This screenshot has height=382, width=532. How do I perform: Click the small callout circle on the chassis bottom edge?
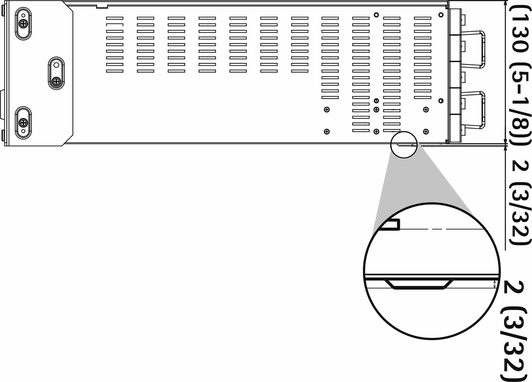(404, 145)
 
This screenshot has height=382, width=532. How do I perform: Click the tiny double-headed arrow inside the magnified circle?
(495, 284)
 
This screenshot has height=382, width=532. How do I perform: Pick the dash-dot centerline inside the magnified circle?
(442, 230)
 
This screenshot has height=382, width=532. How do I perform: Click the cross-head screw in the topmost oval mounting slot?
(23, 24)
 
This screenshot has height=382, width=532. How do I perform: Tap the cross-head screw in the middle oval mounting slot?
(56, 81)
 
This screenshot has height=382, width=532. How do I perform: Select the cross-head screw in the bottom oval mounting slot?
(23, 123)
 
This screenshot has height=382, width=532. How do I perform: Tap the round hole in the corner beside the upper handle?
(441, 15)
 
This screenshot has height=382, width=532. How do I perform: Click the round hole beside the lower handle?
(441, 101)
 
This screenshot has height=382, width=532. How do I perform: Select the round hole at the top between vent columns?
(376, 15)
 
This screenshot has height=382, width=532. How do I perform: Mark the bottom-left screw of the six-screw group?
(326, 132)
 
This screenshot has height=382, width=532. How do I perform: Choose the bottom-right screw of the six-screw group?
(426, 132)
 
